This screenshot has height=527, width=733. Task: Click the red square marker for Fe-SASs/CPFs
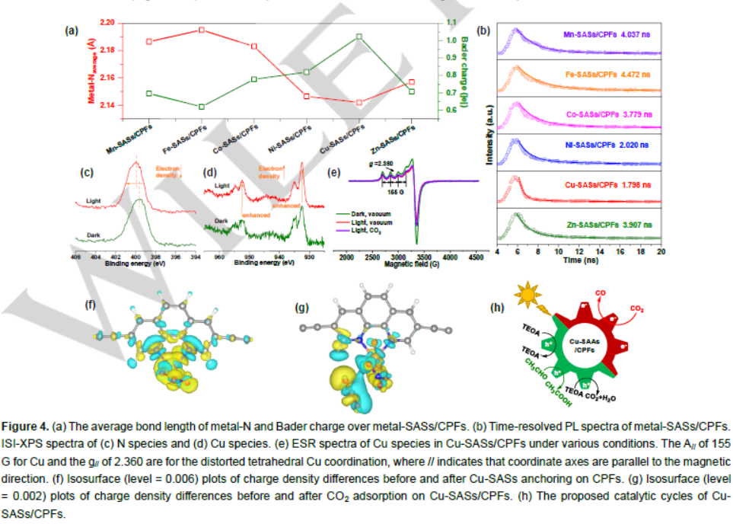click(202, 30)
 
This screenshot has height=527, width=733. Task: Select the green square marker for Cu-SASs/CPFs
click(359, 37)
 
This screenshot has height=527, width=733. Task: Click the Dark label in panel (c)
click(94, 235)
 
